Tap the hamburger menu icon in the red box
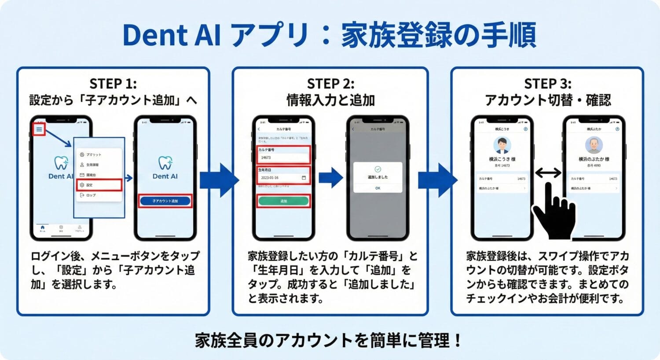tap(39, 129)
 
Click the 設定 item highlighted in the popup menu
tap(99, 185)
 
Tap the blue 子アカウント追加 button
tap(165, 201)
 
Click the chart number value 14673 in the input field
tap(266, 158)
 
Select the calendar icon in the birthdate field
tap(304, 178)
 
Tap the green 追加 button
tap(283, 201)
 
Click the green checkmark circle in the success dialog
tap(378, 169)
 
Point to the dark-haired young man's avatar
tap(502, 145)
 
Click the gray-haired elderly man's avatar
tap(594, 145)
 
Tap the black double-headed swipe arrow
tap(548, 173)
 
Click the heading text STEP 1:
tap(113, 84)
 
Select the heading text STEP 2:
tap(330, 84)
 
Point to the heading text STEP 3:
tap(548, 84)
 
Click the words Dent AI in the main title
tap(172, 35)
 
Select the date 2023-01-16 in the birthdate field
tap(270, 178)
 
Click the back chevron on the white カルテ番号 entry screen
tap(259, 129)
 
